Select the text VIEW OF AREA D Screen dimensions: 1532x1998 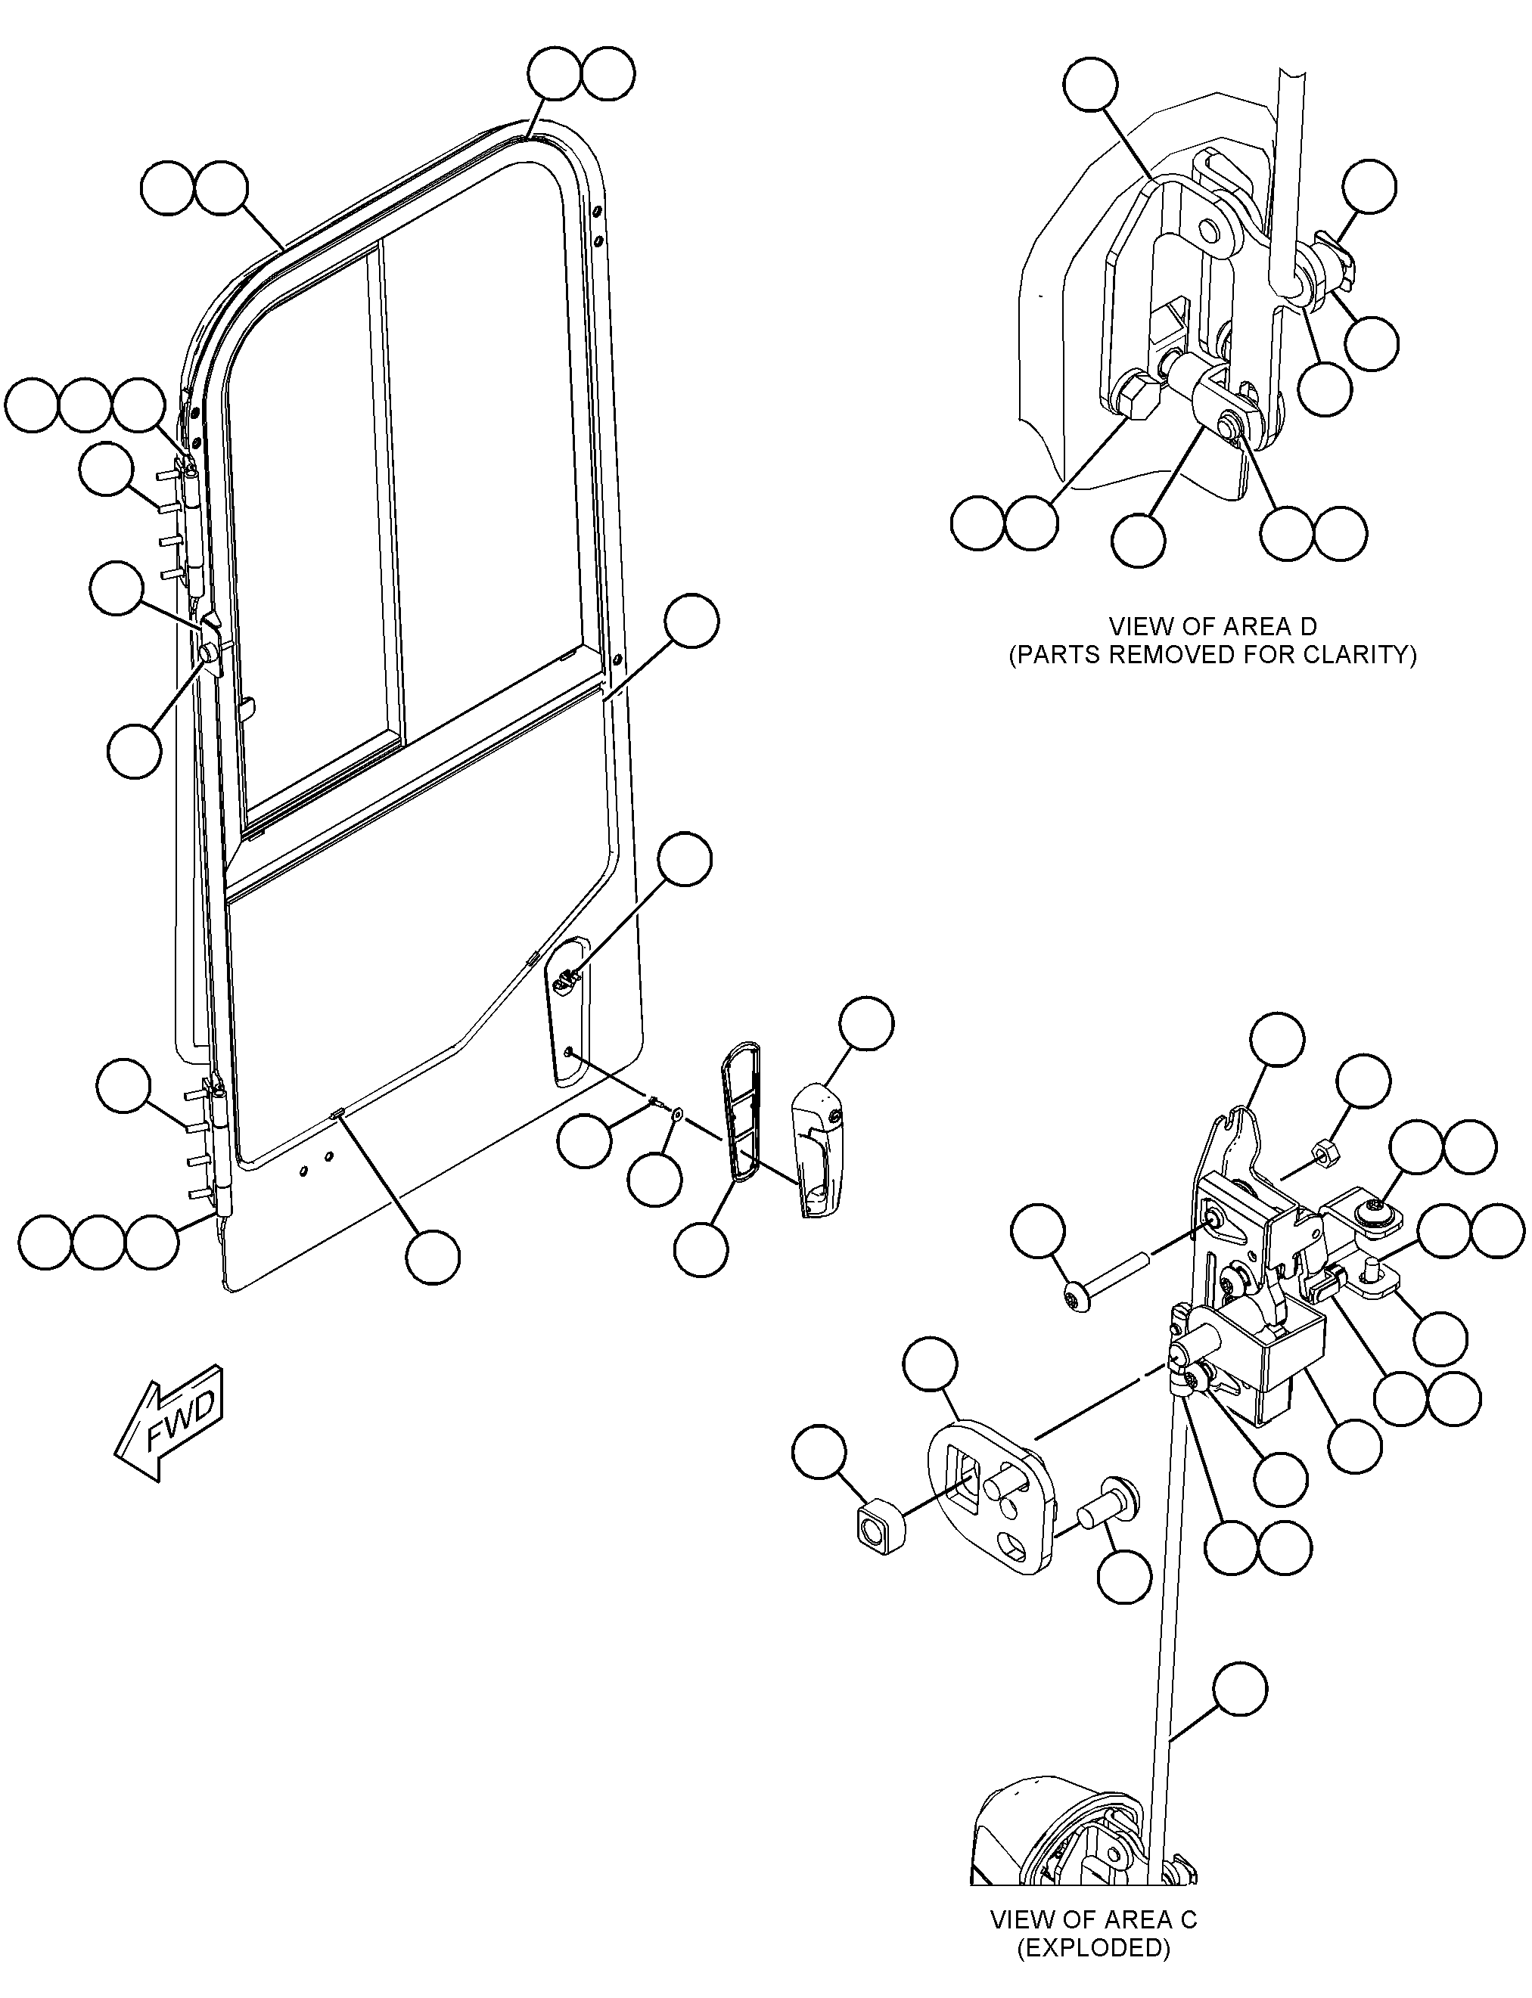[1212, 627]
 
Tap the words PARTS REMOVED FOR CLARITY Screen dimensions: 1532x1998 [1212, 656]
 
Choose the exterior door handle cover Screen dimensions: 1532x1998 [819, 1151]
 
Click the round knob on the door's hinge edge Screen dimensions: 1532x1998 [209, 652]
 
